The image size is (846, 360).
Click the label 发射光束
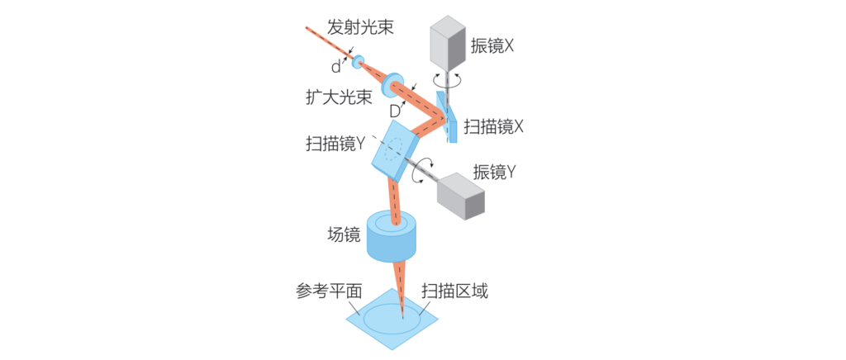[360, 27]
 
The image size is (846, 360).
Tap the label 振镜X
[492, 45]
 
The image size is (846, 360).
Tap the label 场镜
[344, 234]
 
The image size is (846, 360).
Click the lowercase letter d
[336, 67]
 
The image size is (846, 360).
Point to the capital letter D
[395, 111]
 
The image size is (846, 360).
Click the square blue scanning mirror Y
[395, 150]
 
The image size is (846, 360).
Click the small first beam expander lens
[358, 62]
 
